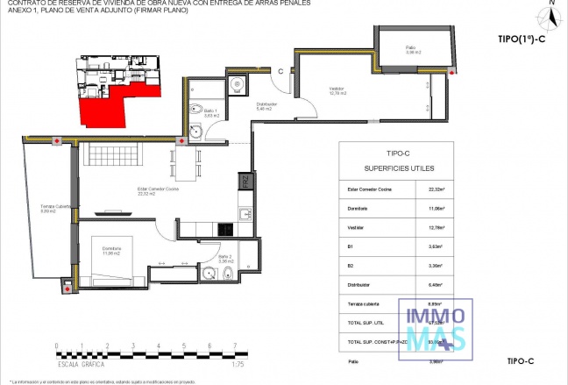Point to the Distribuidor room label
coord(267,106)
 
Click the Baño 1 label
coord(210,114)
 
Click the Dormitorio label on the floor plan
coord(110,251)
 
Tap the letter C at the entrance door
coord(280,71)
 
